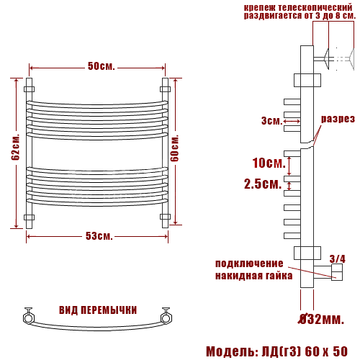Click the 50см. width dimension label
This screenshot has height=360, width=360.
coord(102,66)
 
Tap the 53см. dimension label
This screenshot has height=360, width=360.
coord(99,236)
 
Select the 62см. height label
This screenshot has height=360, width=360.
coord(16,147)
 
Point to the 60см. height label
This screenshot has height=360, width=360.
coord(175,148)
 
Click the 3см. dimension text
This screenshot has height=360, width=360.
coord(272,120)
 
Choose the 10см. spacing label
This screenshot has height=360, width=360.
coord(269,163)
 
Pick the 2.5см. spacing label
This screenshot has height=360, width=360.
coord(263,184)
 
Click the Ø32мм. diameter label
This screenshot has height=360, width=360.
coord(321,319)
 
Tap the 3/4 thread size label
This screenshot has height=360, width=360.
coord(338,259)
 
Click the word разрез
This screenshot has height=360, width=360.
coord(338,119)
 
